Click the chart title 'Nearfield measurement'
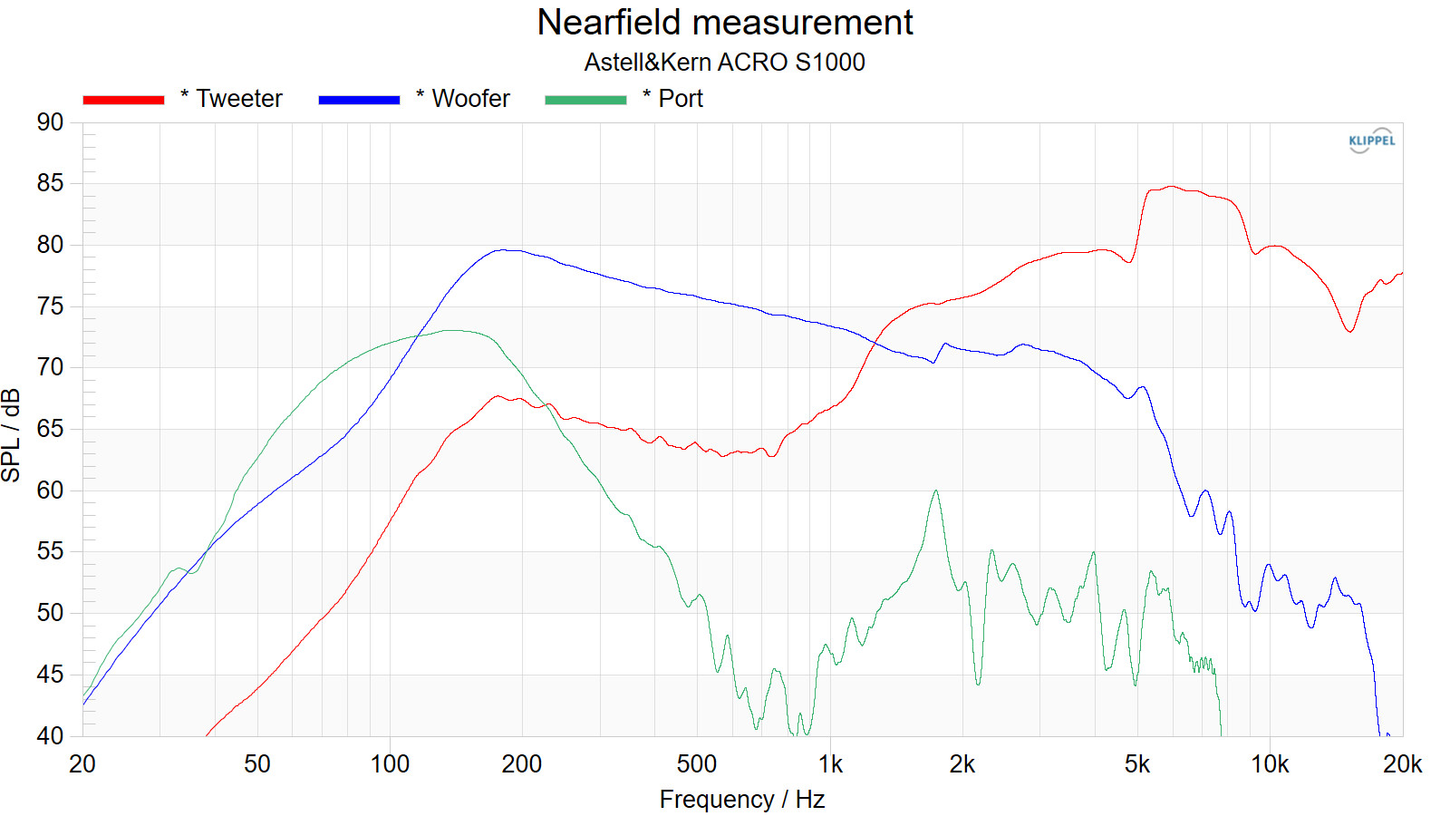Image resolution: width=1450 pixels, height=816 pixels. point(724,23)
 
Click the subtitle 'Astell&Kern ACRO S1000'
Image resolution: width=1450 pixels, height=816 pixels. point(724,62)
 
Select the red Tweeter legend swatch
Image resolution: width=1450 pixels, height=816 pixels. point(123,100)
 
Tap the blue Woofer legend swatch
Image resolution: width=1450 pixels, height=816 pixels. point(359,100)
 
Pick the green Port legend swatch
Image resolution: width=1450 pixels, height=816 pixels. point(585,100)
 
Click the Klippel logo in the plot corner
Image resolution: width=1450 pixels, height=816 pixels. point(1371,141)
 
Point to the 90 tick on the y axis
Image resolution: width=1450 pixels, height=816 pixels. point(51,122)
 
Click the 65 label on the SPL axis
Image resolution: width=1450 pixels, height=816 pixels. point(51,429)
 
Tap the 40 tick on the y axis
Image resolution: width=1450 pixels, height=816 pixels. point(51,735)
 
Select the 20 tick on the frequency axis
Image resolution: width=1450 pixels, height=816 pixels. point(82,764)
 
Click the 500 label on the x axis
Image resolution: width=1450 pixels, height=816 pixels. point(696,764)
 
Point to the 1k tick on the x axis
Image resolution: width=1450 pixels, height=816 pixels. point(830,764)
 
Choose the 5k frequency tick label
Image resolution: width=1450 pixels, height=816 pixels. point(1136,764)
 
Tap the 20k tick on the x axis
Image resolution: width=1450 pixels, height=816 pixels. point(1402,764)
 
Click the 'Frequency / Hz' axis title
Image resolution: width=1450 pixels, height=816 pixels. point(741,799)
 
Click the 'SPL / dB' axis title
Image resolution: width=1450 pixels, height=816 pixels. point(12,435)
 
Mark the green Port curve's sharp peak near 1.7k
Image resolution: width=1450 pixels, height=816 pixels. point(935,491)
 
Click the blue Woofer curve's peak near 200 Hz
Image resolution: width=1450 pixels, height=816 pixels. point(505,250)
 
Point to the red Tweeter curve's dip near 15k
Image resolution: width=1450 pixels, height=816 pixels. point(1350,332)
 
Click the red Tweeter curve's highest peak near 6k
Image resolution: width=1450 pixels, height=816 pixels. point(1172,187)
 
